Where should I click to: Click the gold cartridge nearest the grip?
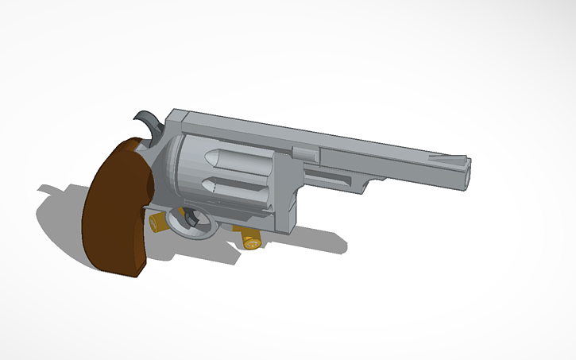[x=160, y=222]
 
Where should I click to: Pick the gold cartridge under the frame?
[x=249, y=238]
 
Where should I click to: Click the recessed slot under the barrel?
[x=334, y=177]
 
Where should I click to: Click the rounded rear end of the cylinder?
[x=180, y=171]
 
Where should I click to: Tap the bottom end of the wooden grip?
[x=127, y=270]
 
